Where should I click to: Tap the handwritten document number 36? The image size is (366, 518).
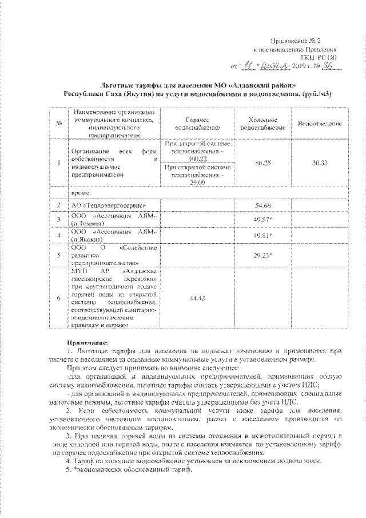point(332,66)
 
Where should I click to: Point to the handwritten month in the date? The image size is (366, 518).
point(273,66)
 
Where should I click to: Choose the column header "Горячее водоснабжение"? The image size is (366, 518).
point(197,124)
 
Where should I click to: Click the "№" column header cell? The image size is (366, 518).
point(59,124)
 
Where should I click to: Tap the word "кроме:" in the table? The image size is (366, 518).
point(81,193)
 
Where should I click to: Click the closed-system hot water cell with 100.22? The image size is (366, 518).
point(197,151)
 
